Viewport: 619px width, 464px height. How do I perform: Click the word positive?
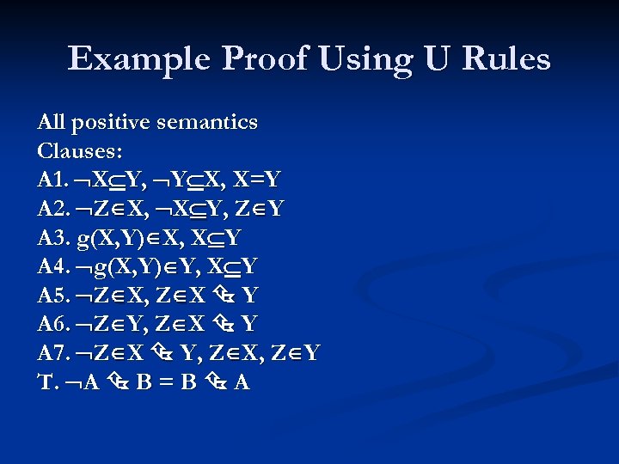click(x=113, y=123)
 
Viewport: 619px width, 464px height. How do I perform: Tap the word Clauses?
click(x=80, y=152)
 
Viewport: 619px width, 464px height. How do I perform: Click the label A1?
click(x=52, y=180)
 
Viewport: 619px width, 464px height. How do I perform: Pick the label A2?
click(x=52, y=210)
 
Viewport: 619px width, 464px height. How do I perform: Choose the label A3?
click(x=52, y=239)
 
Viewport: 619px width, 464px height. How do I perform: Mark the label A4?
click(x=52, y=267)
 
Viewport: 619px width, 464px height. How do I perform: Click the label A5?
click(x=52, y=296)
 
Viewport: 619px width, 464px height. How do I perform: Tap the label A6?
click(x=52, y=325)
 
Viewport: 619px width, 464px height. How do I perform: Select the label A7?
click(x=52, y=354)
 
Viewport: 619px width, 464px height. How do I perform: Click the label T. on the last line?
click(x=46, y=383)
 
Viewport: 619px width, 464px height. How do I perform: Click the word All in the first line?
click(x=52, y=123)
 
